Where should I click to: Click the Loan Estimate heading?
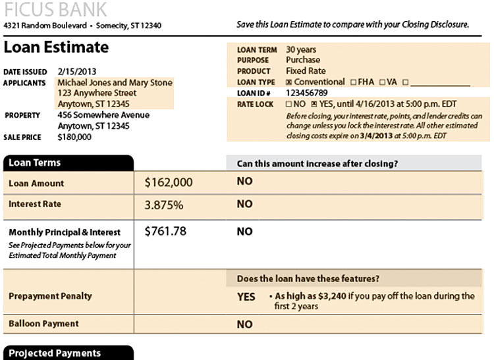pos(56,47)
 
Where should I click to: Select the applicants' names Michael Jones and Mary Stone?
pos(115,83)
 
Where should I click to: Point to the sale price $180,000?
pos(75,137)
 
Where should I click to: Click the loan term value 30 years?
pos(301,49)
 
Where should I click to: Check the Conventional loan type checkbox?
pos(289,82)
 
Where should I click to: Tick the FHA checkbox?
pos(354,82)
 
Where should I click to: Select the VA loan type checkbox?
pos(381,82)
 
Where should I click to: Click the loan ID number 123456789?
pos(306,93)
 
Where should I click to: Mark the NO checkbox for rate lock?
pos(289,104)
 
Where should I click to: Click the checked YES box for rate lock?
pos(314,104)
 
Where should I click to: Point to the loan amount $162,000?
pos(168,183)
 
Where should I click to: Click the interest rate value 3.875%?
pos(163,205)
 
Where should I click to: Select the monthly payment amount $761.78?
pos(165,231)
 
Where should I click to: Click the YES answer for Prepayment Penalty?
pos(246,297)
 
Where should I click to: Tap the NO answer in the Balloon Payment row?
pos(244,324)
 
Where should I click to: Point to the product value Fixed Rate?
pos(306,71)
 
